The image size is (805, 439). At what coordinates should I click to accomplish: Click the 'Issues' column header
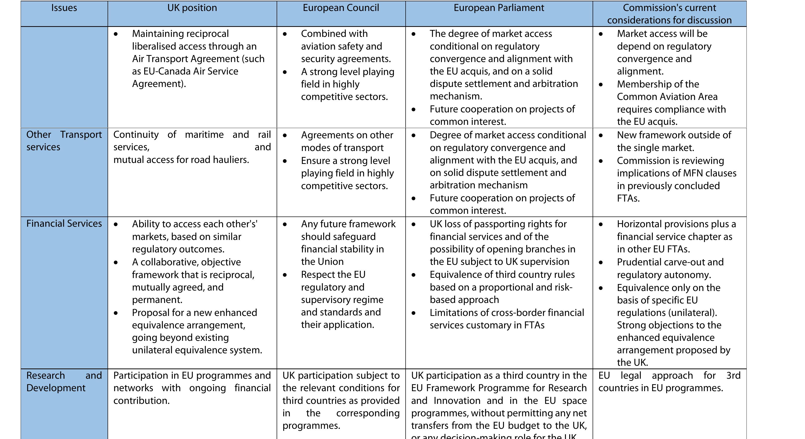tap(64, 8)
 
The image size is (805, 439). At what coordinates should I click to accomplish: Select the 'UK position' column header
tap(192, 8)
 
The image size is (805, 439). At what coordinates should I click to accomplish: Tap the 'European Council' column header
tap(341, 8)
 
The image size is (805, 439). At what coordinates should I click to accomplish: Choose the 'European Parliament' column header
tap(499, 8)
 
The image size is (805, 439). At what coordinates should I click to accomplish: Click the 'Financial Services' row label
tap(64, 223)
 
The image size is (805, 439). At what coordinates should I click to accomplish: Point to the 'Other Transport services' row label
tap(64, 141)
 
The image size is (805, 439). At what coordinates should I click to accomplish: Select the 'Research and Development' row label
tap(64, 381)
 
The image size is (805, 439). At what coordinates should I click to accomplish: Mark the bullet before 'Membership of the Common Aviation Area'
tap(601, 84)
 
